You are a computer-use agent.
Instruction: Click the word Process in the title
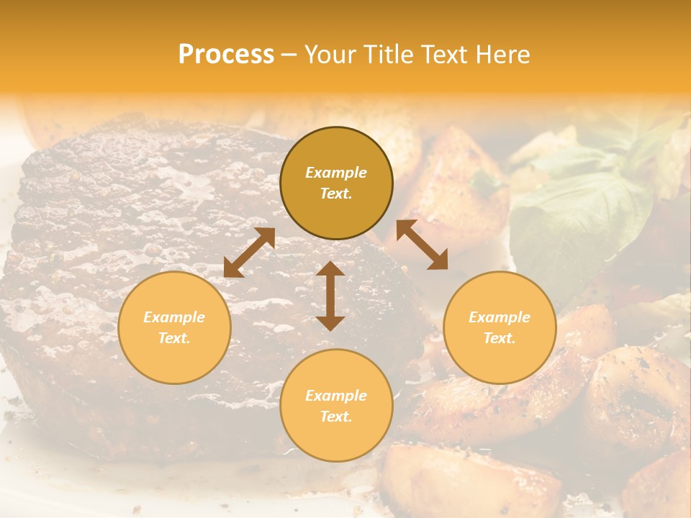226,55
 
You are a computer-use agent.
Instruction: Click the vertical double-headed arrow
330,296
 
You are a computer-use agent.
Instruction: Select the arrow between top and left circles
249,253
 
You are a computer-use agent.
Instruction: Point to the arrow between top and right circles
422,245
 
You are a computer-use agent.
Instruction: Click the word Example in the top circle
336,173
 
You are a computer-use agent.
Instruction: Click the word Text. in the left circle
174,338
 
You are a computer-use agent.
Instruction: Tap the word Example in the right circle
500,317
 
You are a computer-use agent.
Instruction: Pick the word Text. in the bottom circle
336,417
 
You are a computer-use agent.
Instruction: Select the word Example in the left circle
174,317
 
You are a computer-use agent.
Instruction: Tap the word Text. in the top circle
336,194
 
